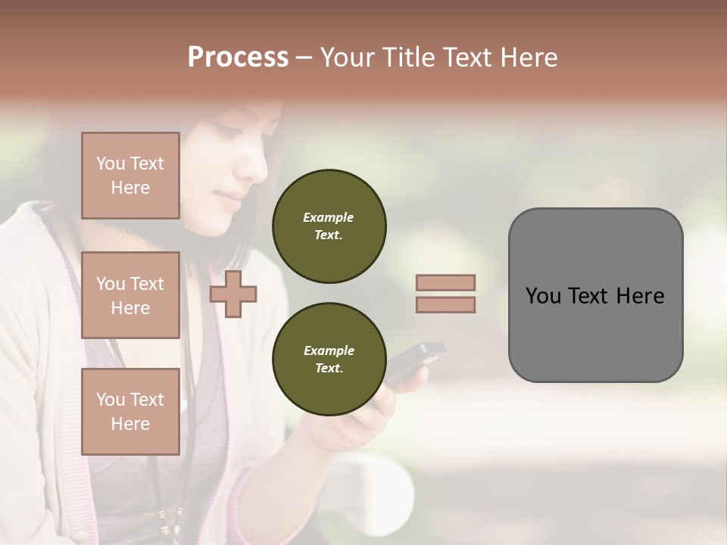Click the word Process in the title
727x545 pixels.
(238, 58)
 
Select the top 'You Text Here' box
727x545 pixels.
(130, 176)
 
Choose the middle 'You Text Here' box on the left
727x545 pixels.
(130, 295)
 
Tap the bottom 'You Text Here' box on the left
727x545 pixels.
(130, 412)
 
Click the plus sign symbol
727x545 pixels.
(233, 294)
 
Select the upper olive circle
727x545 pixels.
(329, 226)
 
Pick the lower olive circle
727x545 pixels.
(329, 360)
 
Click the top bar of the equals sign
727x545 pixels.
(445, 282)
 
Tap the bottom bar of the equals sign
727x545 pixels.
(445, 304)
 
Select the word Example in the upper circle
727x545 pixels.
(329, 218)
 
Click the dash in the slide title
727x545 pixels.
(304, 58)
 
